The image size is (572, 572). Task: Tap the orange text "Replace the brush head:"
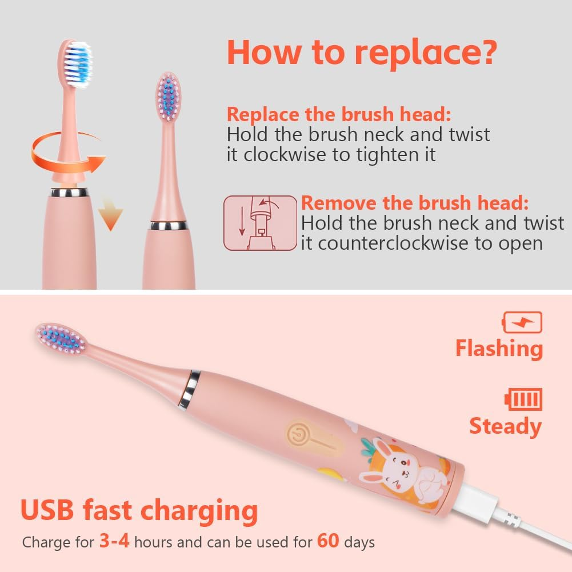pos(339,114)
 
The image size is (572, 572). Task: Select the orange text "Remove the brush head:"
pos(415,203)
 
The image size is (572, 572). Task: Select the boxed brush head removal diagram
pos(260,223)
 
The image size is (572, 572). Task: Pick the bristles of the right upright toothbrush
pos(168,97)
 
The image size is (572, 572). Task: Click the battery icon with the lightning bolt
pos(522,322)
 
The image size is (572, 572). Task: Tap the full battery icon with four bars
pos(523,399)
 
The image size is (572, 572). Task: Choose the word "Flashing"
pos(499,349)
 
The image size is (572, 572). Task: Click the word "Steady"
pos(505,426)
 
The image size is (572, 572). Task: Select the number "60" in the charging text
pos(328,541)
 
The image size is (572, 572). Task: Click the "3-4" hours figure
pos(114,541)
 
